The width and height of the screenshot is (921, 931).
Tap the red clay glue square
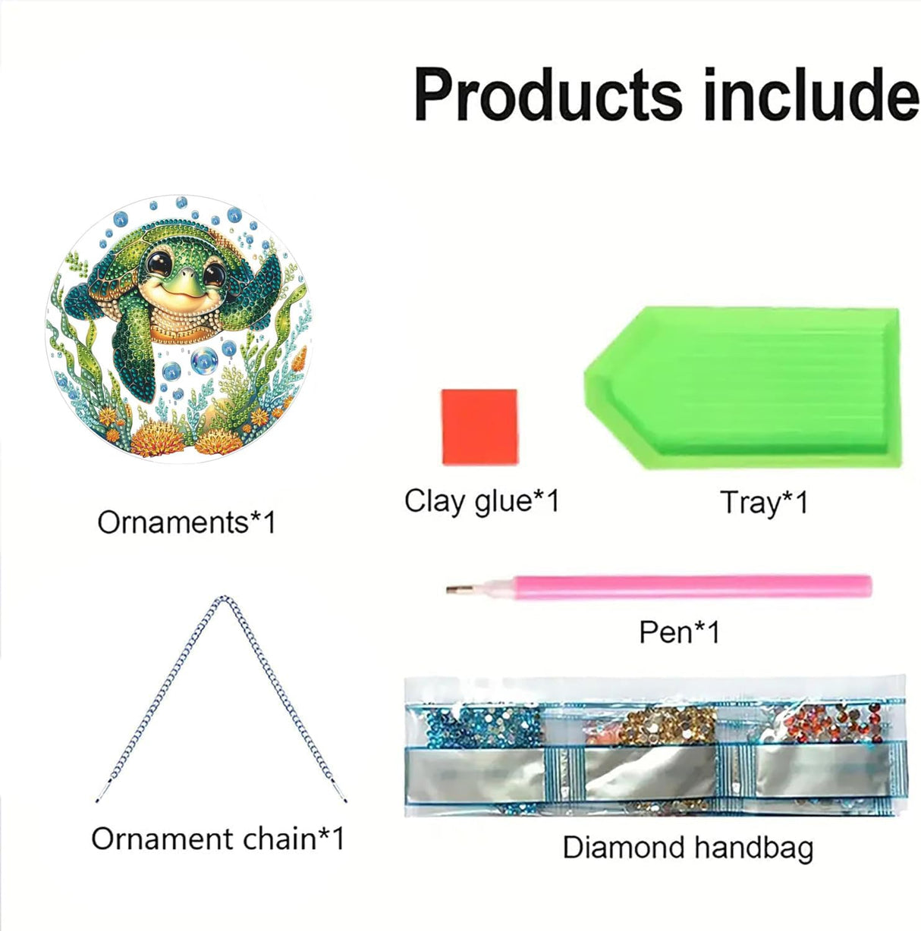(479, 427)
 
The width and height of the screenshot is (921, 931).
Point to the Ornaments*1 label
(187, 522)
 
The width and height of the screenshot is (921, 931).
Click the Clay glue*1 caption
(482, 501)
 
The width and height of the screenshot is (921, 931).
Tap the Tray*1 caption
(764, 503)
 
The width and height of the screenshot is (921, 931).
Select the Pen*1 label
(679, 632)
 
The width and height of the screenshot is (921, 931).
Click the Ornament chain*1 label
(218, 839)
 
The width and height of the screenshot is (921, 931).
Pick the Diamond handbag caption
(687, 847)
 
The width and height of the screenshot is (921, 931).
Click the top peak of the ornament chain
(222, 600)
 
